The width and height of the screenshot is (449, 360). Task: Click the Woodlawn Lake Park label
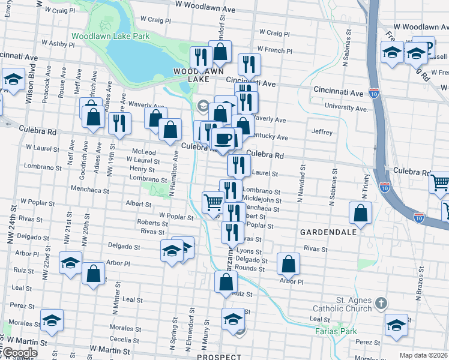[110, 36]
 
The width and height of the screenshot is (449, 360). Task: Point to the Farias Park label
[336, 331]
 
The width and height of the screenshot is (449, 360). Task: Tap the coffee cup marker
[224, 139]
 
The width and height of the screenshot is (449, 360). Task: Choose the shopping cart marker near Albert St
[213, 202]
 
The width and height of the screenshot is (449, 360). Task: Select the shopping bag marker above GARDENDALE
[360, 213]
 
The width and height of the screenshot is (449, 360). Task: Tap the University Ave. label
[345, 108]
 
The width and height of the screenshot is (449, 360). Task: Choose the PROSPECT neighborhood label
[218, 356]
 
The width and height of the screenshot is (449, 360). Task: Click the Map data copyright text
[424, 355]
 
